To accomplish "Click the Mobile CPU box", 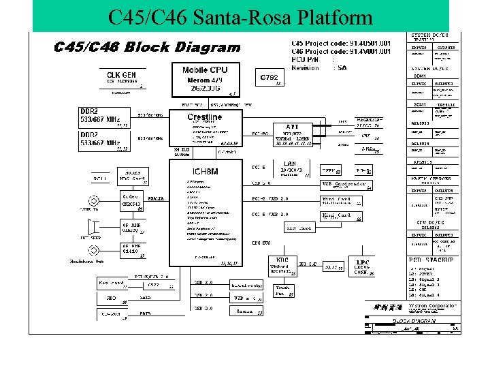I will pos(205,80).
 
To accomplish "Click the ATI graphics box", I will pos(292,134).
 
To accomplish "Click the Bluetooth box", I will pos(246,286).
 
